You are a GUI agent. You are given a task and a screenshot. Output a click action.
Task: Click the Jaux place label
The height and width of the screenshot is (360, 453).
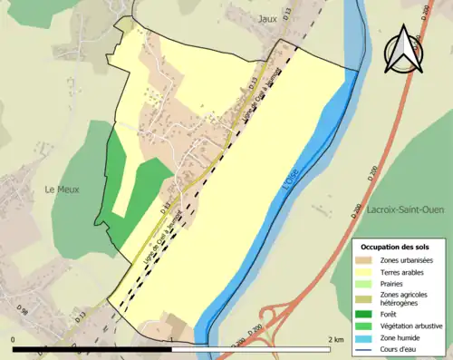tap(266, 17)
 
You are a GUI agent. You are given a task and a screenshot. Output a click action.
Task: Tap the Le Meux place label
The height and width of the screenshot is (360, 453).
tap(63, 190)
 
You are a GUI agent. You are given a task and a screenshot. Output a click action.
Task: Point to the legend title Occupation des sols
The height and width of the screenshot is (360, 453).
tap(395, 247)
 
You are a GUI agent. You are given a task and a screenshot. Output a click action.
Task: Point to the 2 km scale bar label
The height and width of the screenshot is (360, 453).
tap(336, 339)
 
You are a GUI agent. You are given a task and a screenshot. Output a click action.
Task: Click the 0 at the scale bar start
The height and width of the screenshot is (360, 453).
tap(13, 339)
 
